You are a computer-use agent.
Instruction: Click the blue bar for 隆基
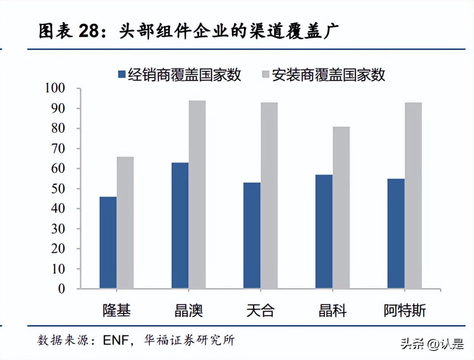(x=108, y=243)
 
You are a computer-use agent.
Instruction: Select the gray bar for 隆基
(x=125, y=223)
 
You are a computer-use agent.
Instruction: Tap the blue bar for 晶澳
(x=180, y=225)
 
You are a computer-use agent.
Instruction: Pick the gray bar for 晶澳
(x=197, y=195)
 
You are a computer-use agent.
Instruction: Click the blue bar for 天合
(x=252, y=235)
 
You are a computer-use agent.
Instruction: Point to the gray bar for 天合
(x=269, y=196)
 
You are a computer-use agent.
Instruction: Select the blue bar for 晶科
(x=324, y=232)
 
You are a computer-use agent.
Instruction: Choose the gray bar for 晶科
(x=341, y=208)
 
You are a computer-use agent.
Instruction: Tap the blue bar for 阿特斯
(x=396, y=233)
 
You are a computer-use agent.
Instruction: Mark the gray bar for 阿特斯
(x=413, y=196)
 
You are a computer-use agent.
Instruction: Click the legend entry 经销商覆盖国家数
(x=179, y=75)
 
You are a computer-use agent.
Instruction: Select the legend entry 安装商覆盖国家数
(x=323, y=75)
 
